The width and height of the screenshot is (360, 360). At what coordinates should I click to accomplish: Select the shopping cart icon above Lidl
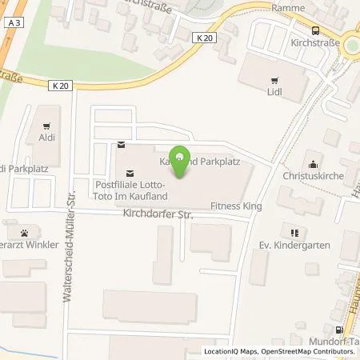(x=274, y=78)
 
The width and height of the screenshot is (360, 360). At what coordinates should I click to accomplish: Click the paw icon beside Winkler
(x=26, y=234)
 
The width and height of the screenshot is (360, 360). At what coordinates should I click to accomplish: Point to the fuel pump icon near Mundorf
(x=340, y=330)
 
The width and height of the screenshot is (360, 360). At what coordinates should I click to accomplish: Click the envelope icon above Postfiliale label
(x=121, y=145)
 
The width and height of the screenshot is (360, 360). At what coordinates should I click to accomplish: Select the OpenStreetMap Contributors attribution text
(x=313, y=351)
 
